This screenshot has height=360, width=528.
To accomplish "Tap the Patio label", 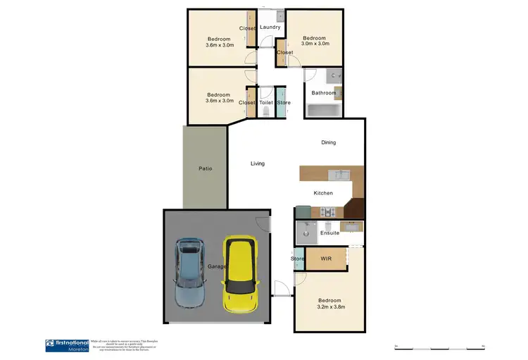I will click(205, 168).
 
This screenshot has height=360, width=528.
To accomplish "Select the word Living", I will click(258, 164).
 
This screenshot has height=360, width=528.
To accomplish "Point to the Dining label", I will click(329, 142).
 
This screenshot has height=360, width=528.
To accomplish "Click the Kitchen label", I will click(322, 193).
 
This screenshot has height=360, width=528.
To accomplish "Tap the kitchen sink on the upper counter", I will click(339, 173).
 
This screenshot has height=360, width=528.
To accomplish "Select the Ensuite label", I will click(329, 232).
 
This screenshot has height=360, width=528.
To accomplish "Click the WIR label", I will click(326, 259).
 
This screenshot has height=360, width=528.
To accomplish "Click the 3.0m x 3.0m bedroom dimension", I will click(315, 44).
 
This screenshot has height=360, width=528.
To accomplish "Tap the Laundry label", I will click(270, 27).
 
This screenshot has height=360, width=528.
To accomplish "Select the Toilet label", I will click(265, 103).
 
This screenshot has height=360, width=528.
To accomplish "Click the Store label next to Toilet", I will click(283, 103).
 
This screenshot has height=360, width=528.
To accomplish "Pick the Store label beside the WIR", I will click(297, 259).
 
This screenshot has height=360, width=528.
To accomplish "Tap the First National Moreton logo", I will click(67, 345).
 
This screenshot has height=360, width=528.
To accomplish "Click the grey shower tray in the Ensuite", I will click(307, 230).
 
